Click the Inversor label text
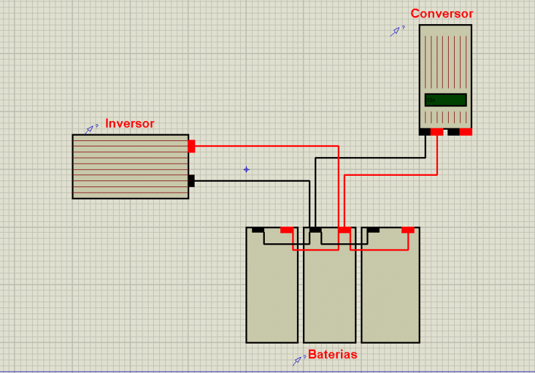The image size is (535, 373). [x=130, y=123]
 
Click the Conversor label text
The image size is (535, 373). [x=442, y=13]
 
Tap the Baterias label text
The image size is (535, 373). [x=332, y=354]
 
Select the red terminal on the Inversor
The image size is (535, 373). [x=191, y=146]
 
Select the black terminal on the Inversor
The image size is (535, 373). [x=191, y=180]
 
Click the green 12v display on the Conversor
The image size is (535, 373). [x=445, y=100]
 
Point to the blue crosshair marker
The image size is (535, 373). [x=246, y=169]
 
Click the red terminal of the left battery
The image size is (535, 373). [x=287, y=230]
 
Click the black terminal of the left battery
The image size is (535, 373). [x=258, y=230]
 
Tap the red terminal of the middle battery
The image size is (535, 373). [x=344, y=230]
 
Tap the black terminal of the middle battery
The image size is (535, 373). [x=315, y=230]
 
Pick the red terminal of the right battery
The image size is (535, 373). [x=408, y=230]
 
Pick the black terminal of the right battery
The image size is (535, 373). [x=373, y=230]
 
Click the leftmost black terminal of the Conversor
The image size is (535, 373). [x=425, y=132]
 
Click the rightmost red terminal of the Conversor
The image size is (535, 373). [x=465, y=132]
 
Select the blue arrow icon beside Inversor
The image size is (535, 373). [x=90, y=130]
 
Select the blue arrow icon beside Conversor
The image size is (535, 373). [x=395, y=31]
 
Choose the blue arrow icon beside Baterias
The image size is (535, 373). [x=297, y=361]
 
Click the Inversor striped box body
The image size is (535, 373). [x=130, y=166]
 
